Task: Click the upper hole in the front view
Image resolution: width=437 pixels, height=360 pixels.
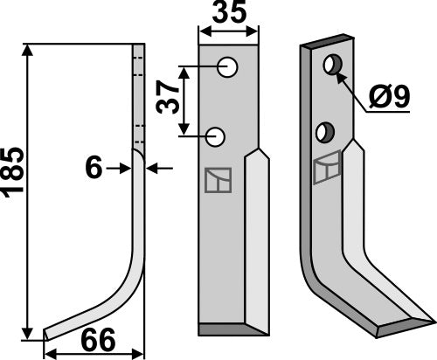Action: [225, 67]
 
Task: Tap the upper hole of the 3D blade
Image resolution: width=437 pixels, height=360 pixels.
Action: [332, 65]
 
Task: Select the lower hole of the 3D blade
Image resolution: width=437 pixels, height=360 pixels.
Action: [324, 132]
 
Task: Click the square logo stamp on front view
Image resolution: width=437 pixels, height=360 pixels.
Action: [217, 179]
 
